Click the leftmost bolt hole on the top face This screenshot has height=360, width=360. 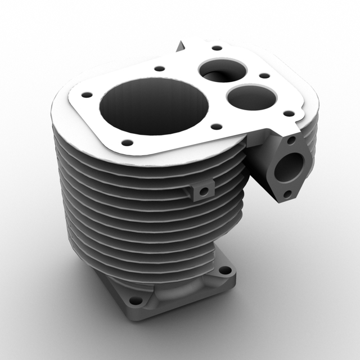coord(86,95)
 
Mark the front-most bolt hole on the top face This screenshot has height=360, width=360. coord(128,142)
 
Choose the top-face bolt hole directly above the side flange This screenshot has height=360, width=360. coord(289,114)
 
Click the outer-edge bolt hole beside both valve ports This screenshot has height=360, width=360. coord(264,75)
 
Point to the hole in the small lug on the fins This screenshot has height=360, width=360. coord(204,191)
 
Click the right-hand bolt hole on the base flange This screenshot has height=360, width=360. coord(225,271)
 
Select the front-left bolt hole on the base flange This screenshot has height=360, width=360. coord(135,301)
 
